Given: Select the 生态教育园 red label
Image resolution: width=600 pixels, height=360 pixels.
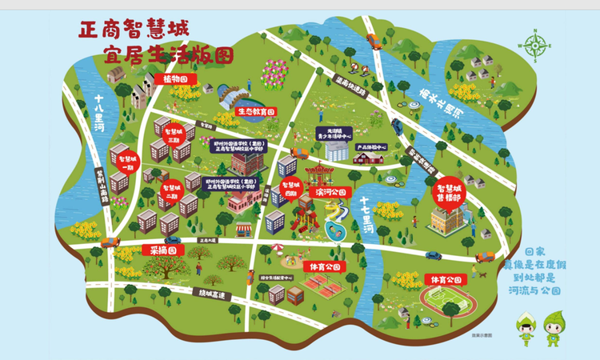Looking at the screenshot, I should (x=257, y=113).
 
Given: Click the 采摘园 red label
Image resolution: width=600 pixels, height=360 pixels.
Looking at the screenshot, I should (x=163, y=250).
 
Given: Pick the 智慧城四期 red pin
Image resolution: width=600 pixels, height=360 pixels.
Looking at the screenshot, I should (x=288, y=190).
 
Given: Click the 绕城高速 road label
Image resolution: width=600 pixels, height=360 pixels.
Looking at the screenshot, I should (x=215, y=295).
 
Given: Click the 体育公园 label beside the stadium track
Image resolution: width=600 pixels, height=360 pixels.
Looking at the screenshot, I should (x=444, y=279).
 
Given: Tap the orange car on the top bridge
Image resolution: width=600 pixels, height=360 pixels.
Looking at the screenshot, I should (x=373, y=38).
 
